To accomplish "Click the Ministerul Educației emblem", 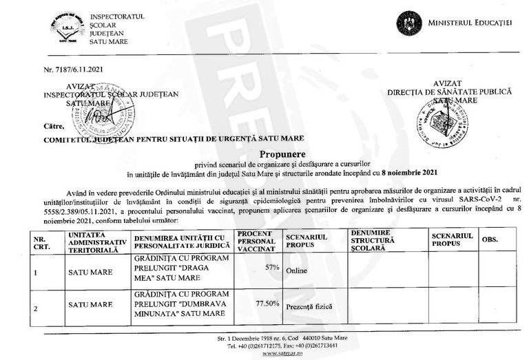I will click(x=408, y=23).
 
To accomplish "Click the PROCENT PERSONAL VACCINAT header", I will click(x=258, y=241).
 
